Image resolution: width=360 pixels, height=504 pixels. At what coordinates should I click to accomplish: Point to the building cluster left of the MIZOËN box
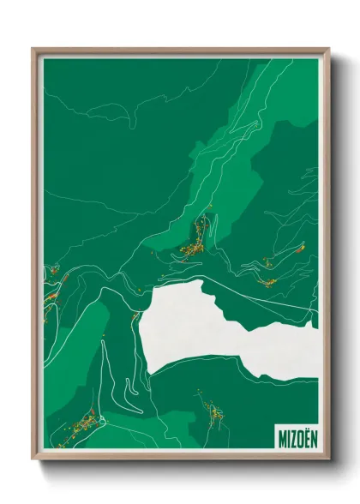pyautogui.click(x=213, y=417)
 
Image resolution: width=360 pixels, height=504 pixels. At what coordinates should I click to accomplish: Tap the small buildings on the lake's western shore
pyautogui.click(x=135, y=317)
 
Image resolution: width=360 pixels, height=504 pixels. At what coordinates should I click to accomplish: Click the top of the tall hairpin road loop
pyautogui.click(x=103, y=343)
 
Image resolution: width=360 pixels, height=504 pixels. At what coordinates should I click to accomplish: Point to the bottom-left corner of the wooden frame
pyautogui.click(x=33, y=460)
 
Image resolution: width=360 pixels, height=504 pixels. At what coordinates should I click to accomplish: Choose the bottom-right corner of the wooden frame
pyautogui.click(x=328, y=460)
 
